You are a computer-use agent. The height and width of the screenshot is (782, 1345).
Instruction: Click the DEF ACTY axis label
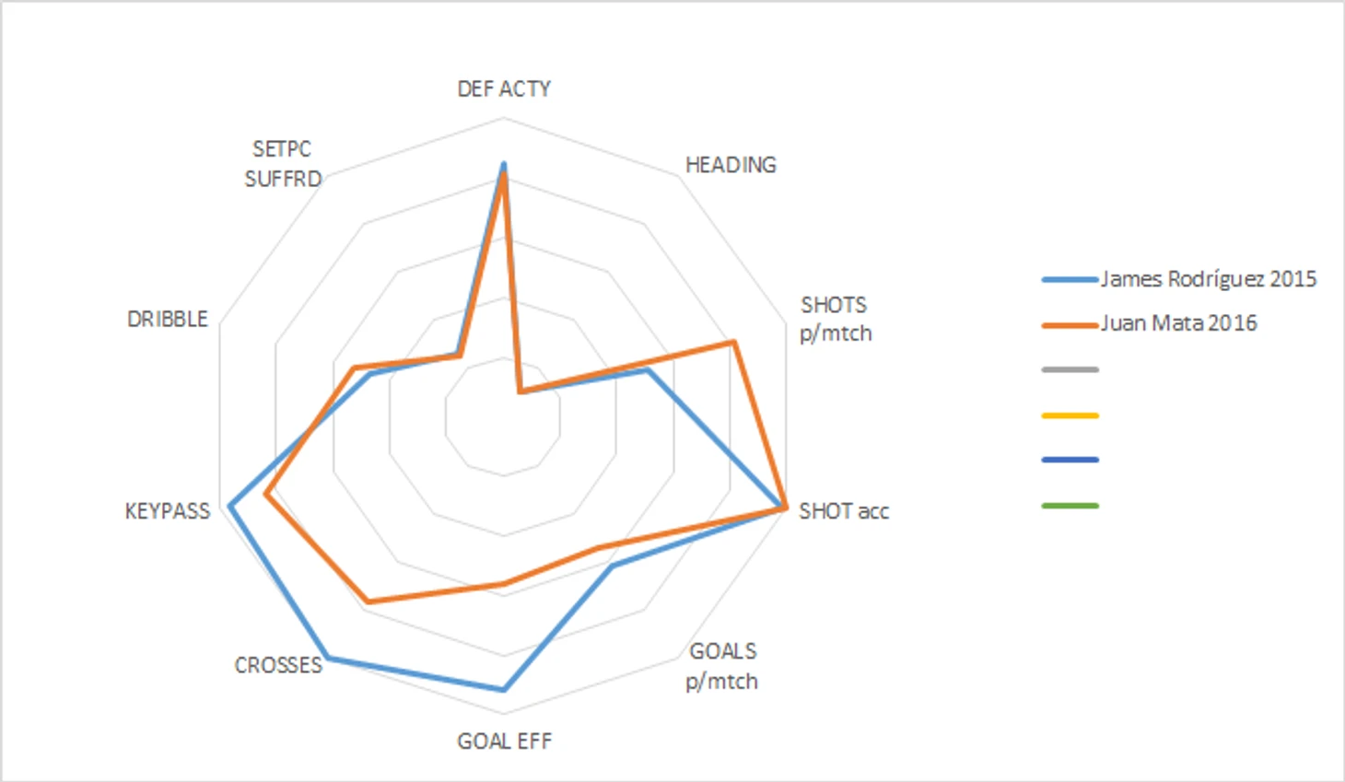coord(504,88)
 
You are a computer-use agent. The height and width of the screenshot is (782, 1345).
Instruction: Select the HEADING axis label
coord(731,165)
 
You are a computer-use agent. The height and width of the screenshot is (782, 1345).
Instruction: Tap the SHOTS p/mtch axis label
coord(835,319)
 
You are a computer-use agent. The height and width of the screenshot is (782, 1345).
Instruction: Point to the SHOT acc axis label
coord(843,511)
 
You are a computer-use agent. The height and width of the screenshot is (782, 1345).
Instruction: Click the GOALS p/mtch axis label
coord(722,666)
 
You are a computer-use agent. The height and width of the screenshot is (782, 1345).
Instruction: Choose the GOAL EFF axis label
coord(504,741)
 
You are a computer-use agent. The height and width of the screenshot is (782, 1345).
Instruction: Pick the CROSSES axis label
coord(278,665)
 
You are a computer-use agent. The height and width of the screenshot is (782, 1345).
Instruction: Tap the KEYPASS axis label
coord(168,511)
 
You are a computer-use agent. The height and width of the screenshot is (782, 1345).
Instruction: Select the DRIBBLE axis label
coord(168,319)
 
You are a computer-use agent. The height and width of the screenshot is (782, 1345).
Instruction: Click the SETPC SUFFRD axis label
coord(283,164)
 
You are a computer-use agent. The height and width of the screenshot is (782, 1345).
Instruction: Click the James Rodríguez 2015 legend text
coord(1208,279)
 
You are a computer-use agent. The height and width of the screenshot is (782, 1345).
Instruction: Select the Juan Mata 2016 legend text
coord(1178,323)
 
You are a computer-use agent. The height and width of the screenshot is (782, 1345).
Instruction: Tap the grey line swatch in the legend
coord(1070,370)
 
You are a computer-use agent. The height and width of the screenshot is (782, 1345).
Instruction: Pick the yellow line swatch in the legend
coord(1070,415)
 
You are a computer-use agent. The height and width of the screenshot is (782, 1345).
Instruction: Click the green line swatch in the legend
coord(1070,506)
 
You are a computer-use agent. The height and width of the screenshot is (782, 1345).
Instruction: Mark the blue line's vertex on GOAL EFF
coord(504,689)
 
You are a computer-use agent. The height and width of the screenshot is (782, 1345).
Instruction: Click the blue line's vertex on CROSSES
coord(329,658)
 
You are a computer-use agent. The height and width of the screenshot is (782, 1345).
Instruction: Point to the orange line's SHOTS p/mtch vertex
coord(733,343)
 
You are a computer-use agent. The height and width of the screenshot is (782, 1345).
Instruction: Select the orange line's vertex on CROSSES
coord(368,601)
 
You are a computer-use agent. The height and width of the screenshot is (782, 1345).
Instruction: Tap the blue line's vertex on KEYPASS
coord(231,505)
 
